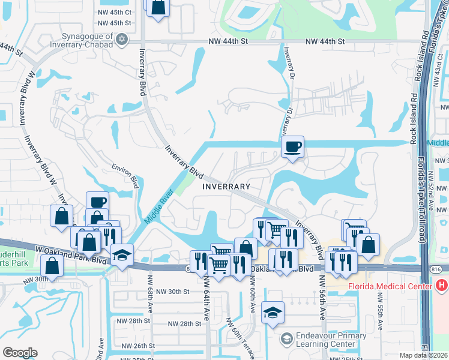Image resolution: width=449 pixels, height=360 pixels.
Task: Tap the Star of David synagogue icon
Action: coord(122,39)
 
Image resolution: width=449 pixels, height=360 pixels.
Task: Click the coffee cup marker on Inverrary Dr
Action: coord(292,147)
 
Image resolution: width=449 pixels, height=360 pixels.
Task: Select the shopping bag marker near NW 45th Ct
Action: coord(158,8)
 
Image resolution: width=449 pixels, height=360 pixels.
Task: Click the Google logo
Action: coord(20,353)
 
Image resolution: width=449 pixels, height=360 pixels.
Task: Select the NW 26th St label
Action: coord(138,346)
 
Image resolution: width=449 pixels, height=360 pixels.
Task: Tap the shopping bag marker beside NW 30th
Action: coord(52,265)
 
